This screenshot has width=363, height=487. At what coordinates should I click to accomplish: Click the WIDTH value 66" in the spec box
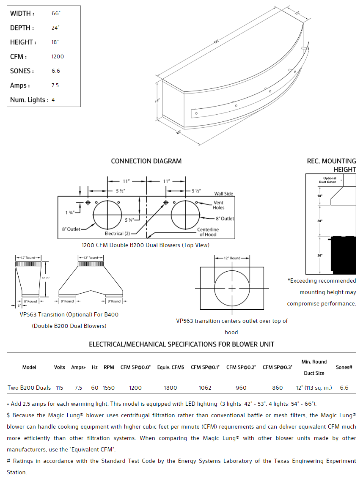coord(56,14)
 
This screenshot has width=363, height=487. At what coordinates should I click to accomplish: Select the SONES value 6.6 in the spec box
coord(56,71)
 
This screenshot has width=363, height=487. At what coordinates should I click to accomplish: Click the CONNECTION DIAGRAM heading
coord(146,161)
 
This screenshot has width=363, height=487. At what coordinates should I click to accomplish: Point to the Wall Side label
coord(223,194)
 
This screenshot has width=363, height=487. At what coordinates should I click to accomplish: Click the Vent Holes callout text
coord(219,205)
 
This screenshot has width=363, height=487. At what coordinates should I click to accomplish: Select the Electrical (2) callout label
coord(117,233)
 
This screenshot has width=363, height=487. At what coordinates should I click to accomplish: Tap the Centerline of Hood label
coord(208,232)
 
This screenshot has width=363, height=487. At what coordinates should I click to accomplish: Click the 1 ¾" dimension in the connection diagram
coord(70,212)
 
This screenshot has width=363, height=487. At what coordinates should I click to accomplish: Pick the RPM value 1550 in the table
coord(109,388)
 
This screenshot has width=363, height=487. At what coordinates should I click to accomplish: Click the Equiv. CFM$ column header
coord(170,367)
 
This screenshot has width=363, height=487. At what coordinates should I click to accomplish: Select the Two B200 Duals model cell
coord(29,388)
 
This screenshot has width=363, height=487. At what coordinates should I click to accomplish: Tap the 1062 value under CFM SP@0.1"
coord(205,388)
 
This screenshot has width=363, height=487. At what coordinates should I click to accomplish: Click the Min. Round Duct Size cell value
coord(314,388)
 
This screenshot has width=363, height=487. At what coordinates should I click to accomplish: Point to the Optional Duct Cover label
coord(330,180)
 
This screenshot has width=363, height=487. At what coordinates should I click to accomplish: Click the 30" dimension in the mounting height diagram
coord(320,221)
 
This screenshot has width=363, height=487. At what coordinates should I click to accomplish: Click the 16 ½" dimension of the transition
coord(46,278)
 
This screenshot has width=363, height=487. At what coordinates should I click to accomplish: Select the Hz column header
coord(95,367)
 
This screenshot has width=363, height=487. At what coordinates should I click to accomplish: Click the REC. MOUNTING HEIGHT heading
coord(332,165)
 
